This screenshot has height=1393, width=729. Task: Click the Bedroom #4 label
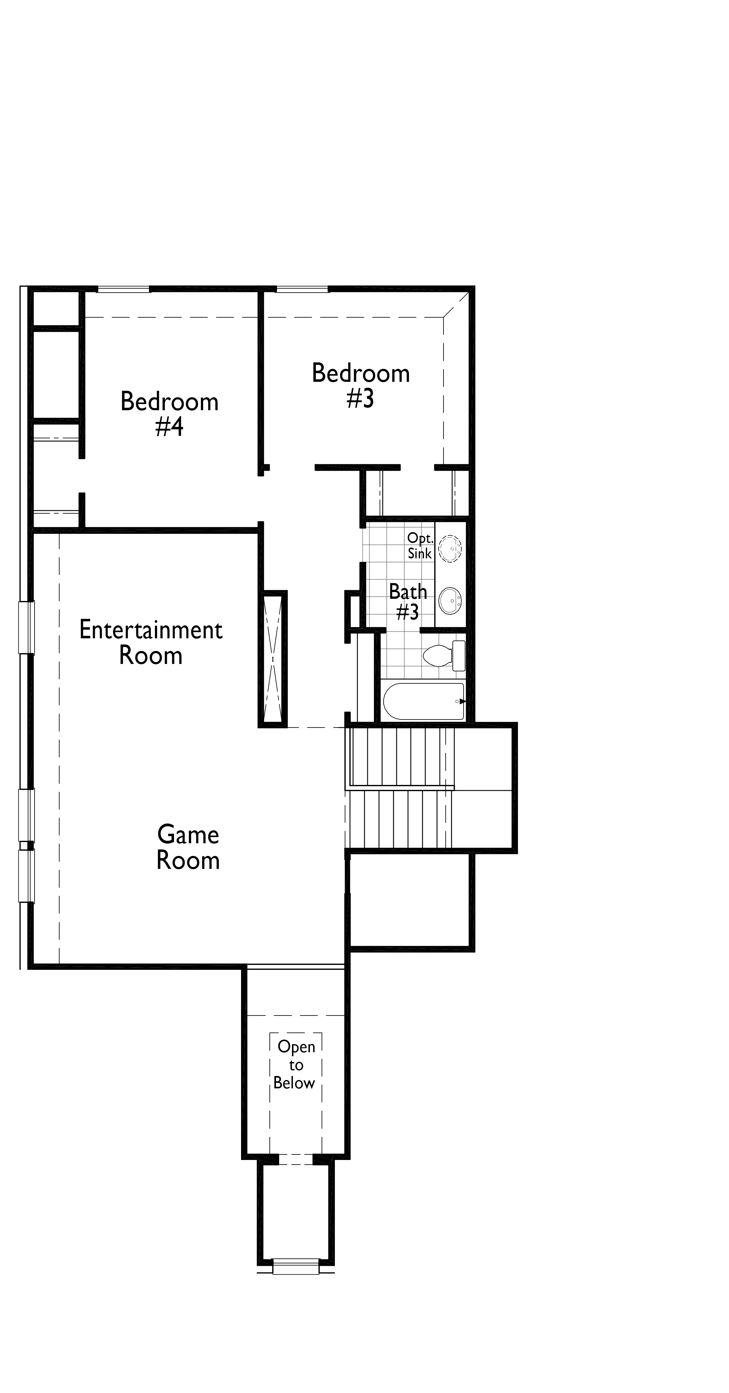tap(169, 414)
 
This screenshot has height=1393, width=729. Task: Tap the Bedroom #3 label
tap(361, 386)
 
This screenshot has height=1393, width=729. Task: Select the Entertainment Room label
tap(151, 642)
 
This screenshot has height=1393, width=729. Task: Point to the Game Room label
tap(188, 847)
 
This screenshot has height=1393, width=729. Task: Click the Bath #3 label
tap(408, 601)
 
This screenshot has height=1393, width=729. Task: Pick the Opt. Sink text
tap(420, 546)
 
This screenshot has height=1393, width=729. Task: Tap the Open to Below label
tap(295, 1064)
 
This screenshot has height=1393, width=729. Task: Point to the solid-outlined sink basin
tap(450, 601)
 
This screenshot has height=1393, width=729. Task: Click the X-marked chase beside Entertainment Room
tap(273, 659)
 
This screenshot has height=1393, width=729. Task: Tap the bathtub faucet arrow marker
tap(462, 701)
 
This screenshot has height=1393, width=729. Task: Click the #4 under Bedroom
tap(169, 427)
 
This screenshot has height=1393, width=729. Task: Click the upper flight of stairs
tap(400, 756)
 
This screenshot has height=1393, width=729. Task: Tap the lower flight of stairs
tap(400, 819)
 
